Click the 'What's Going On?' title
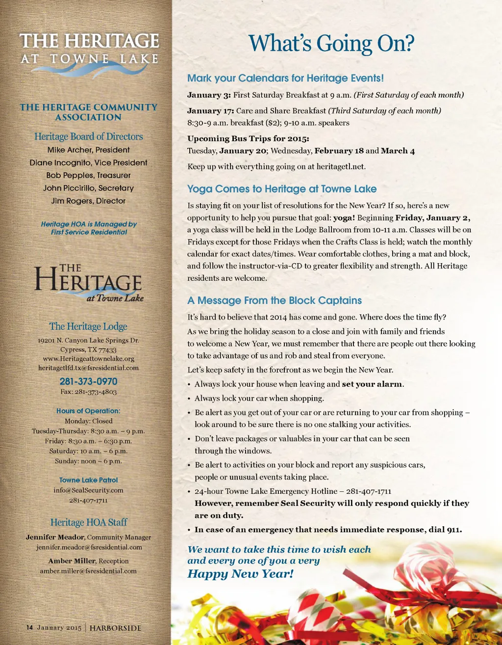(x=331, y=43)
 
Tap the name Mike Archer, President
(x=89, y=150)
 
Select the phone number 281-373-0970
(x=89, y=381)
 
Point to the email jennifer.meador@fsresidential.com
(x=89, y=547)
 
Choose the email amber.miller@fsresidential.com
(x=89, y=571)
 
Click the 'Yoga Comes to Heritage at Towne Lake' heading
(x=282, y=189)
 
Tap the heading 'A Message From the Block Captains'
(x=275, y=300)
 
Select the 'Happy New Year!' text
(x=240, y=574)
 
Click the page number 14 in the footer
(x=29, y=627)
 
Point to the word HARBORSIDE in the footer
(x=115, y=628)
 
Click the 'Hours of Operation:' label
(x=88, y=411)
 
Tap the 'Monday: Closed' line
(x=89, y=421)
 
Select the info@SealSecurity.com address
(x=89, y=490)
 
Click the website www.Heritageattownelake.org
(x=89, y=359)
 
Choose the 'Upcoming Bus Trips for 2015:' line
(x=248, y=138)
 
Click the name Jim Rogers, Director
(x=89, y=201)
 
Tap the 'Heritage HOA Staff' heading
(x=89, y=522)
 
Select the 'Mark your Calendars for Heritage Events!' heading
(x=285, y=78)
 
